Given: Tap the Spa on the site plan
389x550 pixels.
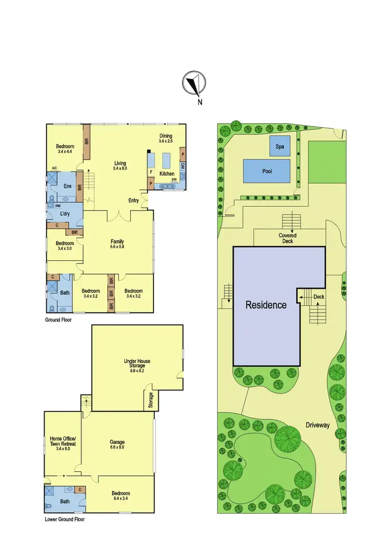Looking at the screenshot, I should pyautogui.click(x=280, y=147).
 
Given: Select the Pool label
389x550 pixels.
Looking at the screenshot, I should pyautogui.click(x=267, y=171).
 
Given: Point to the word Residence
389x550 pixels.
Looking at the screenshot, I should pyautogui.click(x=266, y=305).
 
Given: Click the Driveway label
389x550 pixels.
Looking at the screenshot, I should pyautogui.click(x=317, y=425).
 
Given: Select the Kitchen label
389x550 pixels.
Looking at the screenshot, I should pyautogui.click(x=167, y=173).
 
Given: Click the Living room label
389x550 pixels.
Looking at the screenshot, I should pyautogui.click(x=120, y=163).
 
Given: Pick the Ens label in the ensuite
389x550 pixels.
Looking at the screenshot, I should pyautogui.click(x=67, y=187).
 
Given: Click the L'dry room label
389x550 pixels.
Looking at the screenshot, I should pyautogui.click(x=65, y=214).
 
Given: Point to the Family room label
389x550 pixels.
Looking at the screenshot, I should pyautogui.click(x=117, y=241).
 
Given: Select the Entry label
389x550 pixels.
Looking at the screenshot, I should pyautogui.click(x=134, y=201).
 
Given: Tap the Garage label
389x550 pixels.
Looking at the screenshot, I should pyautogui.click(x=117, y=442).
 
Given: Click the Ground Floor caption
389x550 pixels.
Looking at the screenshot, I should pyautogui.click(x=58, y=320).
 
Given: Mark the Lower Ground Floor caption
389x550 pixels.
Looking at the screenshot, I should pyautogui.click(x=64, y=519).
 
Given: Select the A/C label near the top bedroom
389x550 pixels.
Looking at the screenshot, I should pyautogui.click(x=54, y=167).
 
